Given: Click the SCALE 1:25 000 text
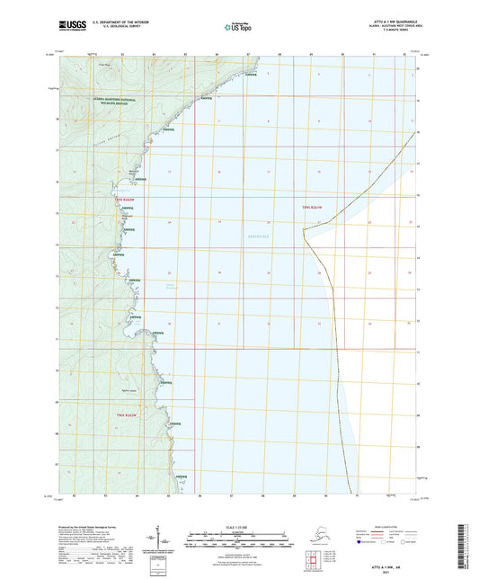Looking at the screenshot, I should [236, 526].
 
